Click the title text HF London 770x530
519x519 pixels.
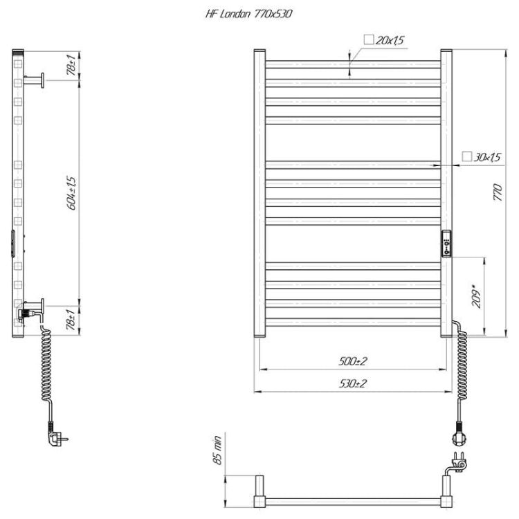248,14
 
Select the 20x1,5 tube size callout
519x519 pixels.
384,40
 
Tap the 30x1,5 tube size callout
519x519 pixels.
482,157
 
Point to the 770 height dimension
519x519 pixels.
498,192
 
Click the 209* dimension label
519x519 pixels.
476,296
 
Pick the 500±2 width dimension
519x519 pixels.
353,361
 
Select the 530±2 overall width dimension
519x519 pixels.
353,383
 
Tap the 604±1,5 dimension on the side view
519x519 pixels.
71,193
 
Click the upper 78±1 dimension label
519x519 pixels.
71,65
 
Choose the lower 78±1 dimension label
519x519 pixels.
71,320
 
